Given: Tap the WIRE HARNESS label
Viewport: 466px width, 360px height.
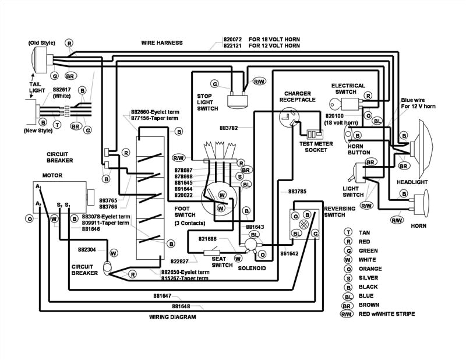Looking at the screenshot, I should click(161, 43).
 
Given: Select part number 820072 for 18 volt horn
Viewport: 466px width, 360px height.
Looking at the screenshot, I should click(232, 39).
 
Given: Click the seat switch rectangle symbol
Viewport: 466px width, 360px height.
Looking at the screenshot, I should click(211, 253).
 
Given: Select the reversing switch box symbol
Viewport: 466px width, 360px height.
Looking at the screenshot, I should click(305, 224).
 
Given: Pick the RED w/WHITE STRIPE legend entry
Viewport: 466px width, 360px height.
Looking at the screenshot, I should click(387, 315).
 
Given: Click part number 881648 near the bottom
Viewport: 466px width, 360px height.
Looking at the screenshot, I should click(181, 306).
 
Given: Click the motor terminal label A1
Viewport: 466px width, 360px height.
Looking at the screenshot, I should click(38, 186).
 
